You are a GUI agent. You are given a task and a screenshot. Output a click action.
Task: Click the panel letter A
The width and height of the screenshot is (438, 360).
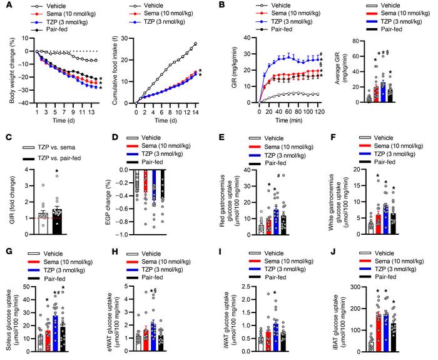click(x=4, y=5)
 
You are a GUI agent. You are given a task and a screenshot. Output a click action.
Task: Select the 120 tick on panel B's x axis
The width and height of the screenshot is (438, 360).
click(x=325, y=110)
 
